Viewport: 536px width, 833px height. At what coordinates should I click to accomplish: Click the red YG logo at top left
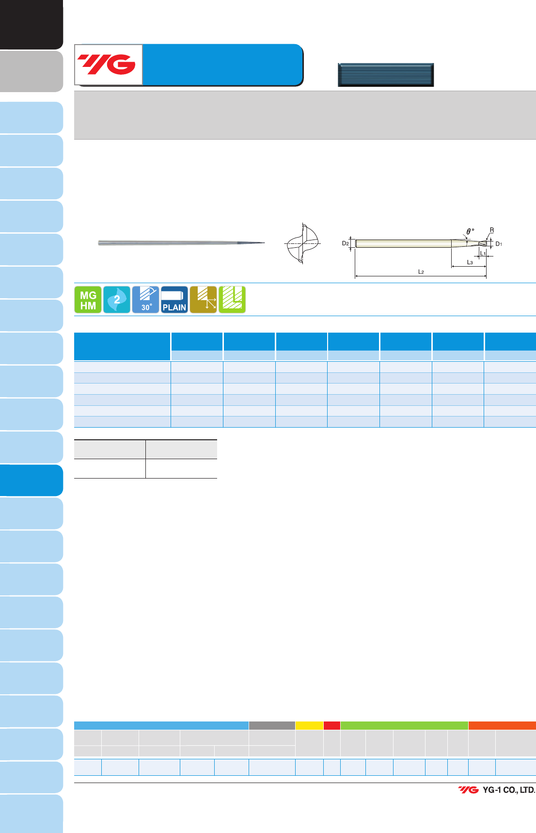[x=107, y=64]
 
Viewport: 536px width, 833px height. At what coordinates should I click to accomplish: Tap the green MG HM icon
[x=88, y=300]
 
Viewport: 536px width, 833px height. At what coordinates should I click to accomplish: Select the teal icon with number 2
[x=117, y=300]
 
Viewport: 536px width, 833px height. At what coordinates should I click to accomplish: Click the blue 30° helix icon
[x=145, y=300]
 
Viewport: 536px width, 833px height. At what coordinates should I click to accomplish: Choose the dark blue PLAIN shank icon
[x=174, y=300]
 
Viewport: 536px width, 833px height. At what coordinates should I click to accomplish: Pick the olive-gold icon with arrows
[x=203, y=300]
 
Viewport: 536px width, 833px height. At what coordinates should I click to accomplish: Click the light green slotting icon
[x=232, y=300]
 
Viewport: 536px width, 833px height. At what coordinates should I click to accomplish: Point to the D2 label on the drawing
[x=346, y=243]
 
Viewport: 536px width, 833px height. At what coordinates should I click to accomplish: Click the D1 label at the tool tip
[x=499, y=244]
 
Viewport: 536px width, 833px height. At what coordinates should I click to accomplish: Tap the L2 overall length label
[x=421, y=272]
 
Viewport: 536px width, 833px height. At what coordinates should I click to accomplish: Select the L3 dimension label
[x=470, y=262]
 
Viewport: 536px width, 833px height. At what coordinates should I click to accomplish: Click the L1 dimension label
[x=483, y=254]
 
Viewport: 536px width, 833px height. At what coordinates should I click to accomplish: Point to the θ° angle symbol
[x=470, y=232]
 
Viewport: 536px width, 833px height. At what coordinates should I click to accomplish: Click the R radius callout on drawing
[x=492, y=230]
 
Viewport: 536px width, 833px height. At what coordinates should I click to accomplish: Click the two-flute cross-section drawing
[x=302, y=243]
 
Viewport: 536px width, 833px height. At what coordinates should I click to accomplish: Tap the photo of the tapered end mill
[x=181, y=242]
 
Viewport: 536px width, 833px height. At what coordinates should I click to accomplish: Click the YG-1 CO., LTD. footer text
[x=509, y=790]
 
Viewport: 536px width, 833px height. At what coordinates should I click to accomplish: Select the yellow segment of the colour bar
[x=309, y=725]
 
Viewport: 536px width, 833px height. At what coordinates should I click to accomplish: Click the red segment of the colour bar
[x=332, y=725]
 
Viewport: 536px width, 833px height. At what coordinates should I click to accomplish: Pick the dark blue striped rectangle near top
[x=386, y=75]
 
